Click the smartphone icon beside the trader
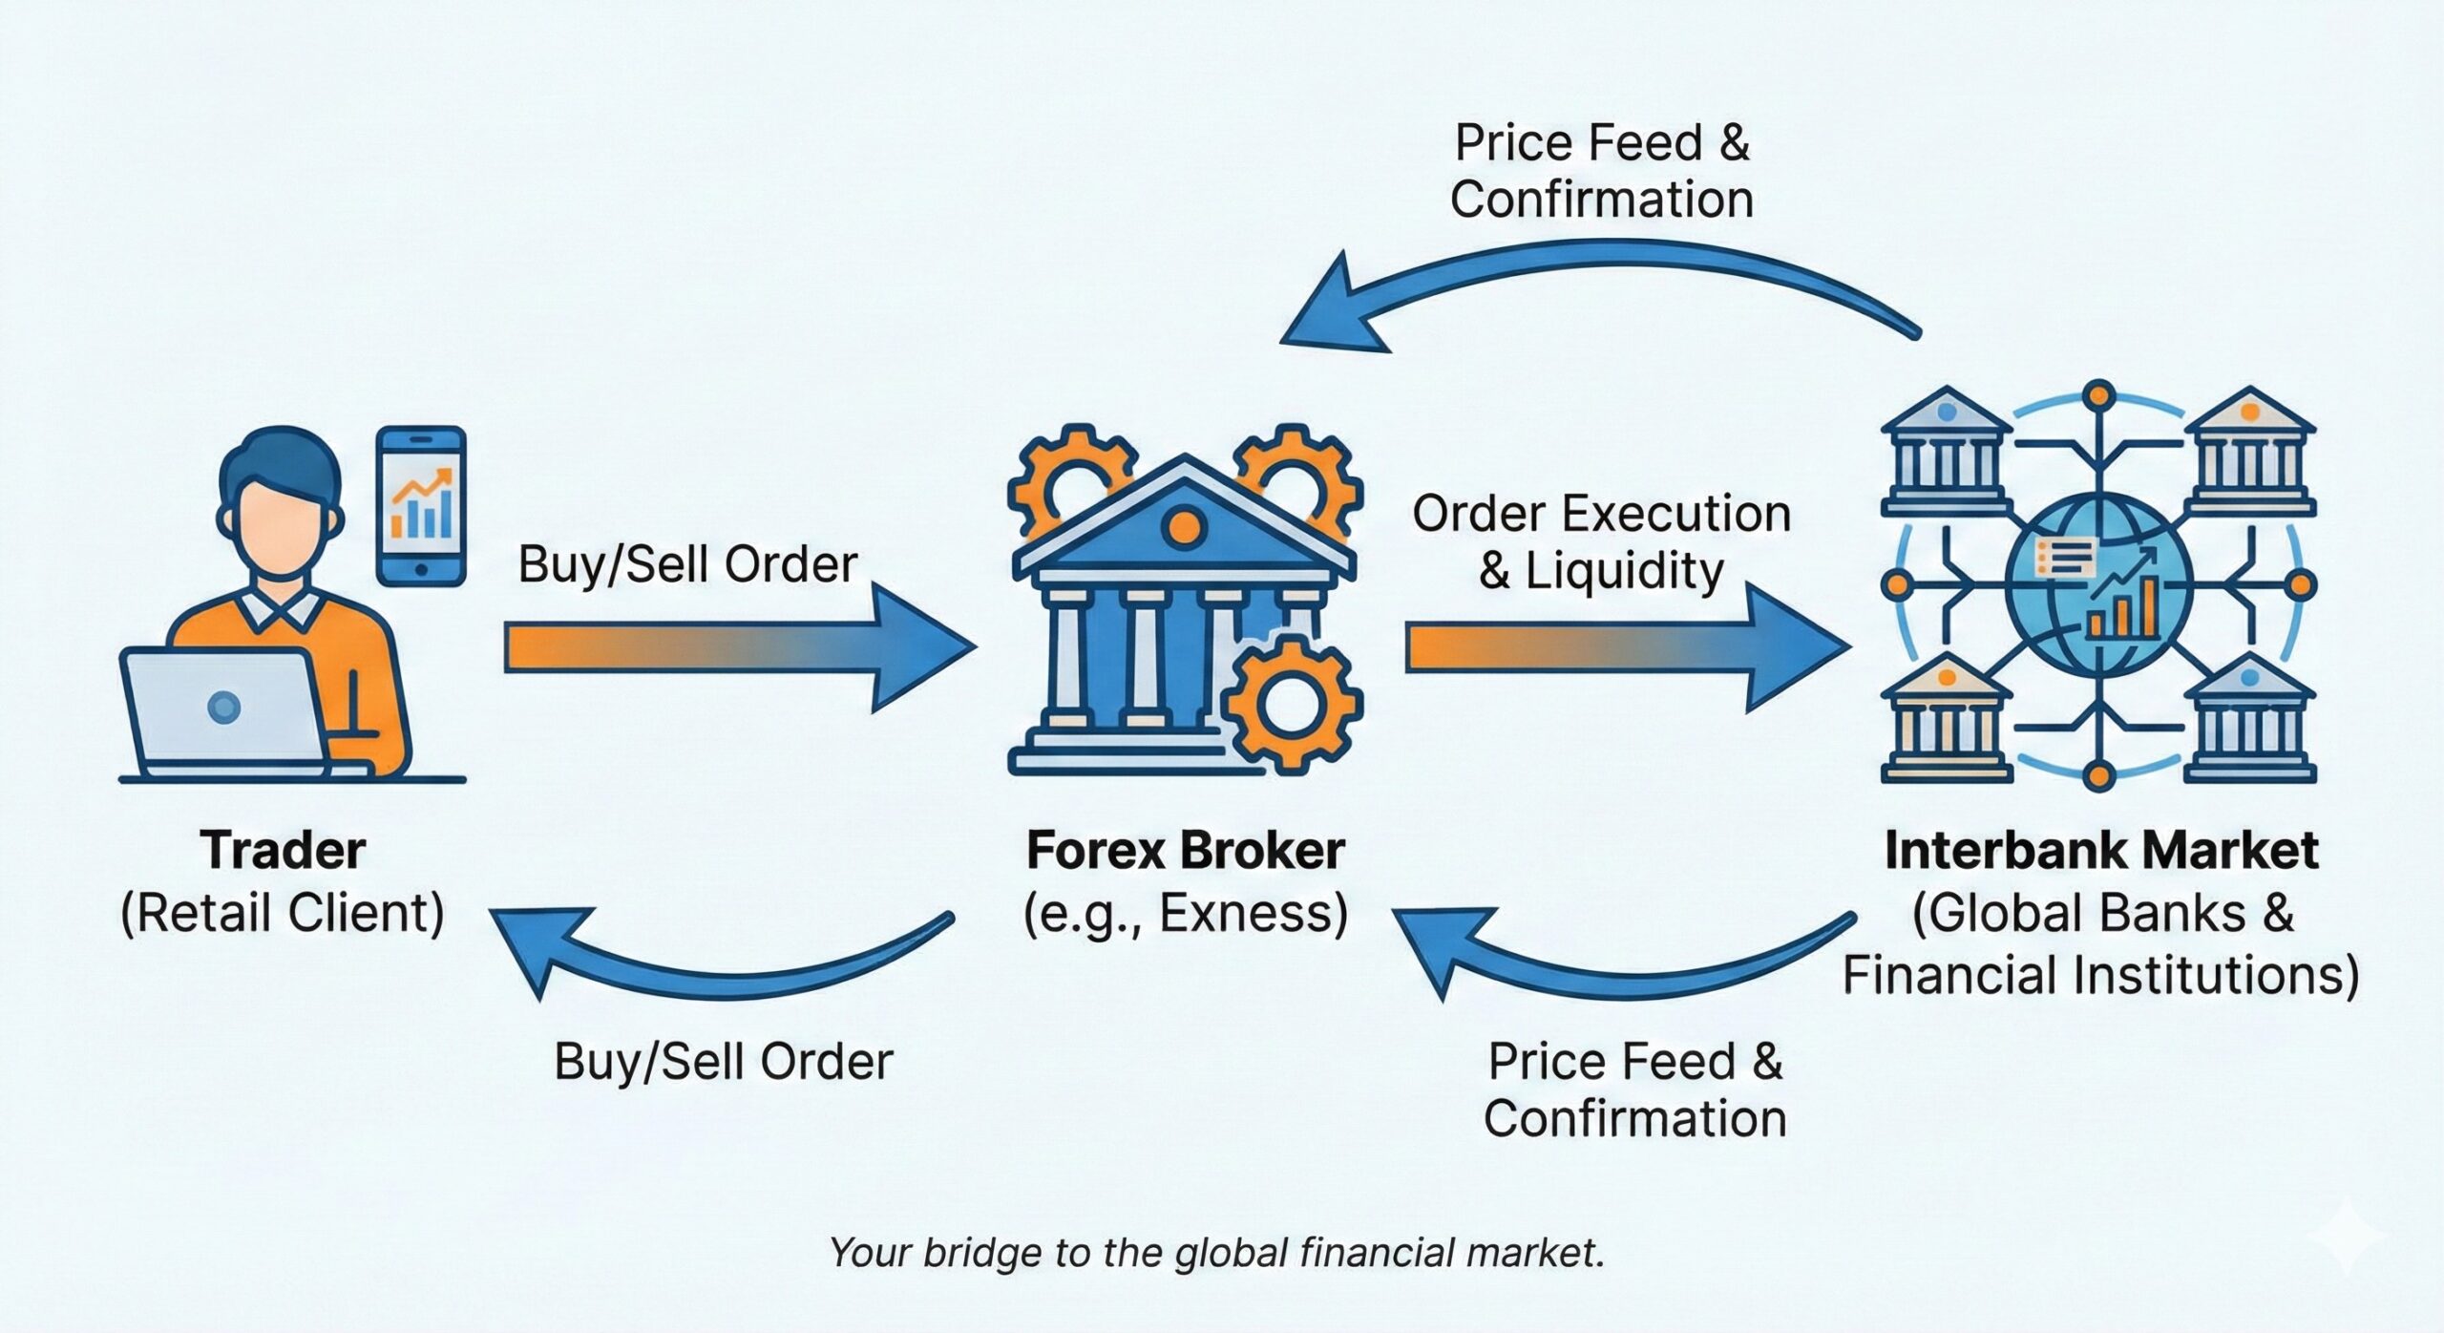pos(421,505)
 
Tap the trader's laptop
pos(224,711)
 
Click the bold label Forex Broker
pos(1185,850)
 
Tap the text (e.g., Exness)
pos(1185,913)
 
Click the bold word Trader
pos(283,850)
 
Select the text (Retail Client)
pos(283,913)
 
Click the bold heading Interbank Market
pos(2100,850)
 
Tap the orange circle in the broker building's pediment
pos(1184,526)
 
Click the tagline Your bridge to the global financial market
pos(1217,1252)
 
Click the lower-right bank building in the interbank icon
pos(2249,721)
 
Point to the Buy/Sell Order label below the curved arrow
pos(724,1061)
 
